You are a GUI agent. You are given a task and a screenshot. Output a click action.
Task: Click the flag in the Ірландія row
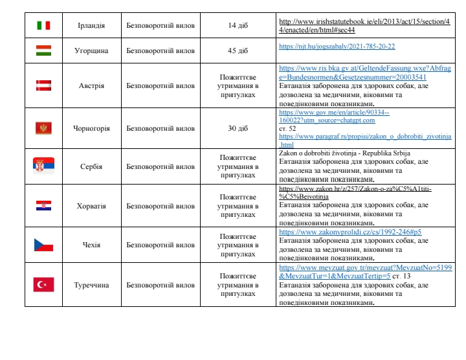[x=43, y=25]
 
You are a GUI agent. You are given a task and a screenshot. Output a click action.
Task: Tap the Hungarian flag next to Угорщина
[x=43, y=50]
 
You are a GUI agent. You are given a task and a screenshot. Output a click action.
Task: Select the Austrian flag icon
[x=43, y=85]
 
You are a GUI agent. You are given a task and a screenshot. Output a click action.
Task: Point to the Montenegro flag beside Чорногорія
[x=43, y=128]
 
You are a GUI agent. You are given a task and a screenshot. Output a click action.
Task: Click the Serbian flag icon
[x=43, y=166]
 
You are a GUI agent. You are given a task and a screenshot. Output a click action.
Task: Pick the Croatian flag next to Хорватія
[x=43, y=205]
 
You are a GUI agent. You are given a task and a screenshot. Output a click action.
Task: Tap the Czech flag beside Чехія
[x=43, y=245]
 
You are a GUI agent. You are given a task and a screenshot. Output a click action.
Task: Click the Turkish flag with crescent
[x=43, y=284]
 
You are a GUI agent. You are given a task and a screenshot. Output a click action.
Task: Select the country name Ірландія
[x=91, y=25]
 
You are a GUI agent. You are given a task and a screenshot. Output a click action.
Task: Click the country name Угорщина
[x=91, y=50]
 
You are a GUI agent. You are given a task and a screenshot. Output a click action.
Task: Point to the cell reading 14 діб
[x=238, y=25]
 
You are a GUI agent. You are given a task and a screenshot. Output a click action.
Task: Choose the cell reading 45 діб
[x=238, y=50]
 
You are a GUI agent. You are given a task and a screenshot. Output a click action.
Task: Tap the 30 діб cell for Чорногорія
[x=238, y=128]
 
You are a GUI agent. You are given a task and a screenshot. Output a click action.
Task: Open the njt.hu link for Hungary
[x=337, y=47]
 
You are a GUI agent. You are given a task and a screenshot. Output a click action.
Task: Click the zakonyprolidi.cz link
[x=350, y=232]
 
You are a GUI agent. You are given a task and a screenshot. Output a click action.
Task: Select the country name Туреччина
[x=91, y=284]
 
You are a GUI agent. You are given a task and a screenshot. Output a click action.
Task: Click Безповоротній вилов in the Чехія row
[x=160, y=245]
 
